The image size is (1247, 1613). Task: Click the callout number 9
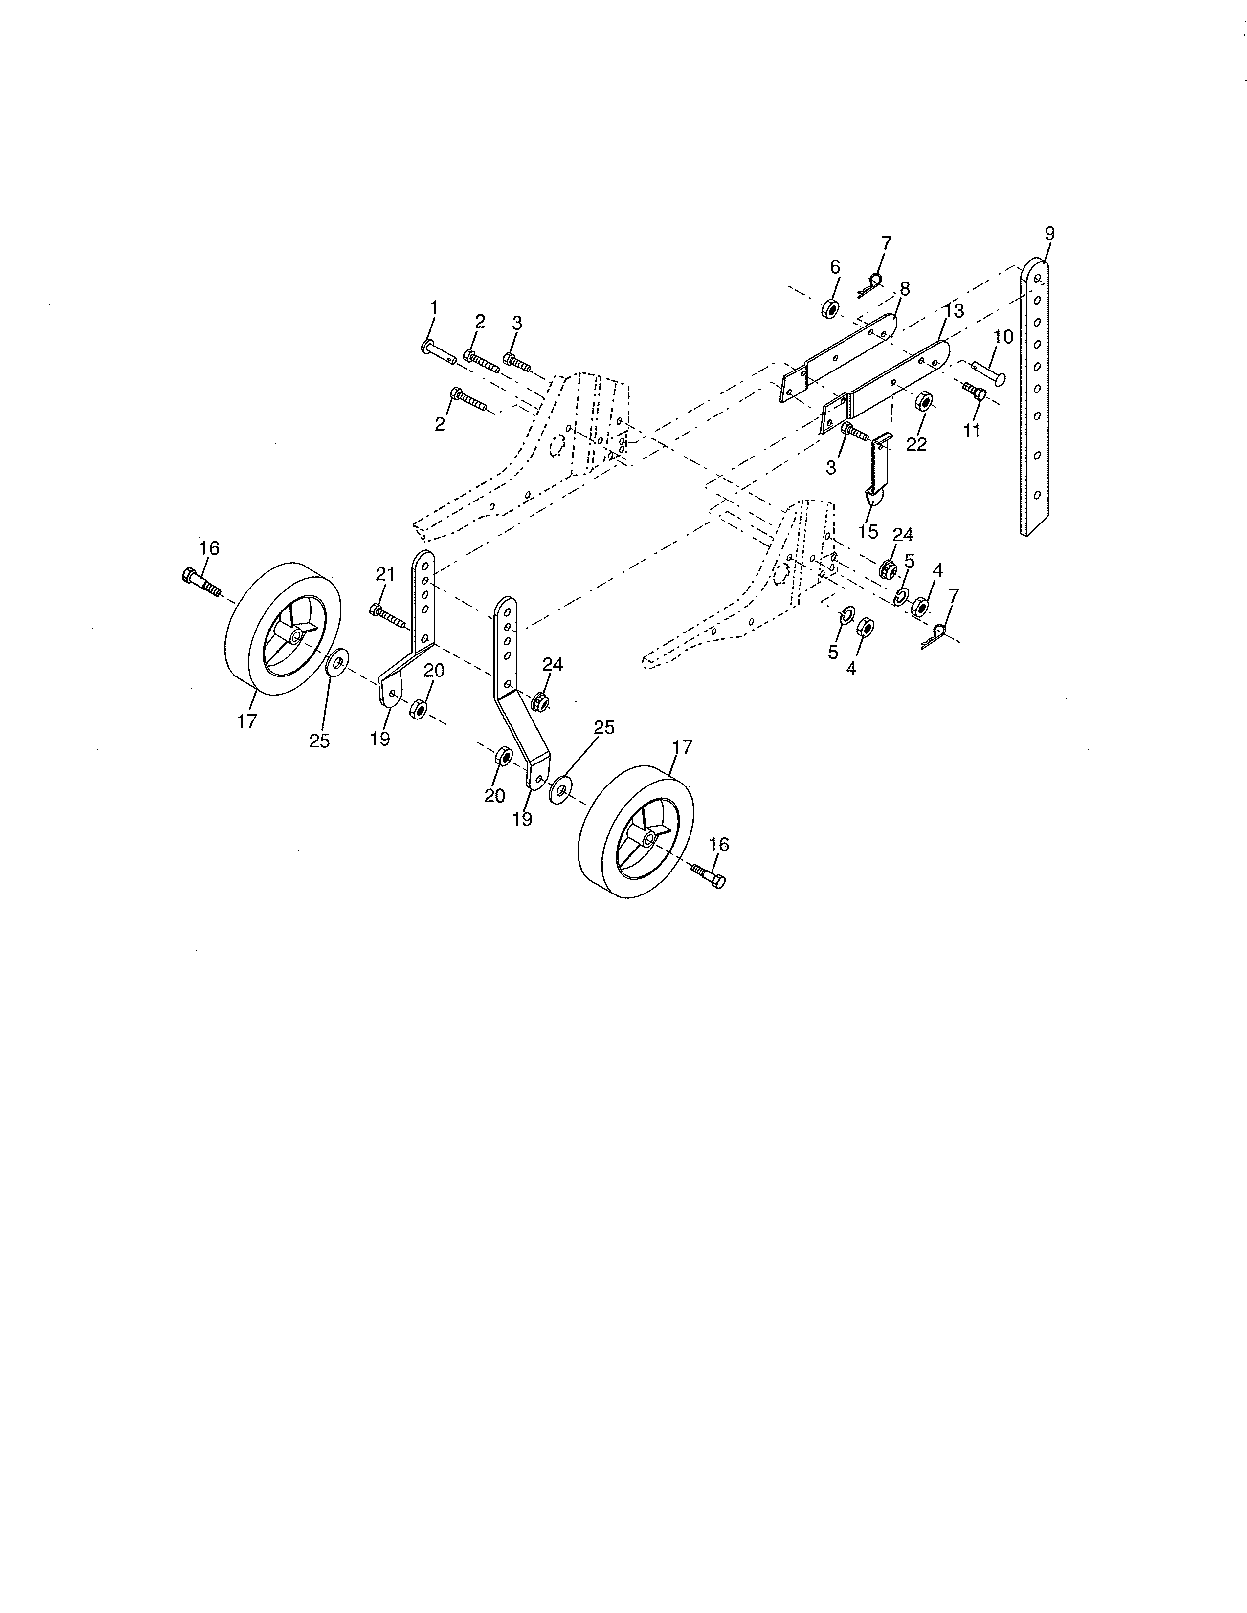[1050, 233]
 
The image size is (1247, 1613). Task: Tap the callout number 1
[434, 306]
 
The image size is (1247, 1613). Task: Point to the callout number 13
[955, 311]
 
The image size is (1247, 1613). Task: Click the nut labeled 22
[923, 403]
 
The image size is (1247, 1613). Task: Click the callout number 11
[972, 431]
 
